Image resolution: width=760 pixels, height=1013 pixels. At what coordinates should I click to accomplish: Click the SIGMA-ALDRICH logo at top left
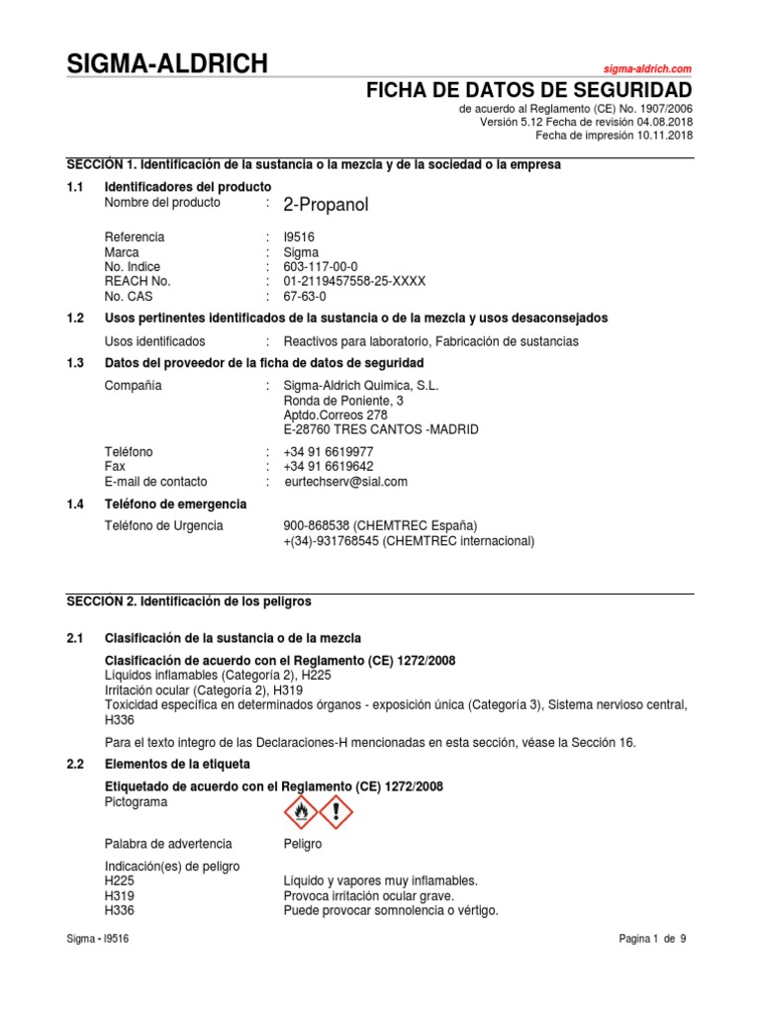pos(166,65)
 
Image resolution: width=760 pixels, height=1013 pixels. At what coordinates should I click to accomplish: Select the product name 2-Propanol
pos(326,206)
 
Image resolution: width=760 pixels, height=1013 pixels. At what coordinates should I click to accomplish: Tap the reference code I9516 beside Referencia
pos(299,237)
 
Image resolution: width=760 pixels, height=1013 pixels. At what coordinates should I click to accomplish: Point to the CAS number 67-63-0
pos(304,296)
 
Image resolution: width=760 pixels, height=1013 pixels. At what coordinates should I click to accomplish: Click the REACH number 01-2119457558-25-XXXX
pos(354,281)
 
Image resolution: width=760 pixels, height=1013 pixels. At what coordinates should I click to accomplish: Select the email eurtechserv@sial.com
pos(344,482)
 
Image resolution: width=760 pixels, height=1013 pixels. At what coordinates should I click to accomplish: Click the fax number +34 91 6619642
pos(328,467)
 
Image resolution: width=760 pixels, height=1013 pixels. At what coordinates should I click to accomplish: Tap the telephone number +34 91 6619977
pos(328,452)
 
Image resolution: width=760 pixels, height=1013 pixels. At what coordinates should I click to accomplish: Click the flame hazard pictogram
pos(302,812)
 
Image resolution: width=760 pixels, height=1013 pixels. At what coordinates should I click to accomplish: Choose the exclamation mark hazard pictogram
pos(336,812)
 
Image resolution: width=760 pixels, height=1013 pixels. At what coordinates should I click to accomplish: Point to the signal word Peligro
pos(302,844)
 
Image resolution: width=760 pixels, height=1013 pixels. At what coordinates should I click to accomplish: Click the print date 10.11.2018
pos(664,136)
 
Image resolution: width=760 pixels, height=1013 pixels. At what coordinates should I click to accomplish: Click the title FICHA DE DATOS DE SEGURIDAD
pos(529,93)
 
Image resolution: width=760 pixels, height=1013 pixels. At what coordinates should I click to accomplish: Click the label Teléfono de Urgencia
pos(163,526)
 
